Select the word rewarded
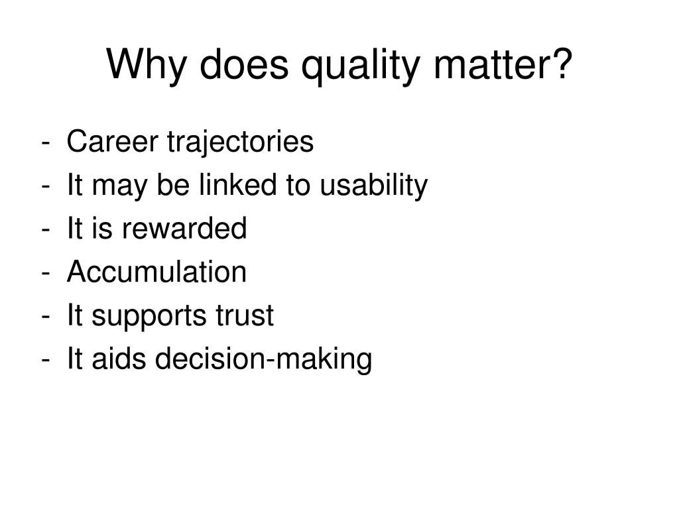(x=182, y=229)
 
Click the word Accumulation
(x=156, y=272)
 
